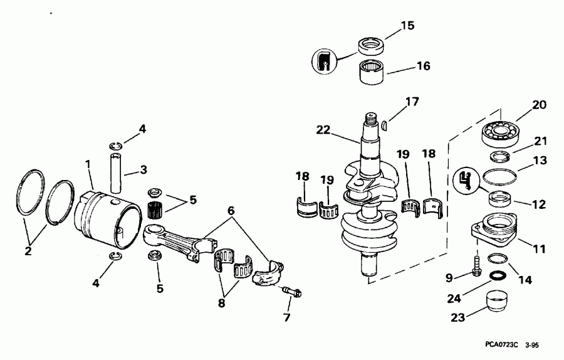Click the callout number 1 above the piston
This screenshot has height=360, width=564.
88,164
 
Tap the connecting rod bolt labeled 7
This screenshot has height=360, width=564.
292,292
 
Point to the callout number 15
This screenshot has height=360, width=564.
407,26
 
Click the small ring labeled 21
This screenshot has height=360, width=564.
499,156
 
